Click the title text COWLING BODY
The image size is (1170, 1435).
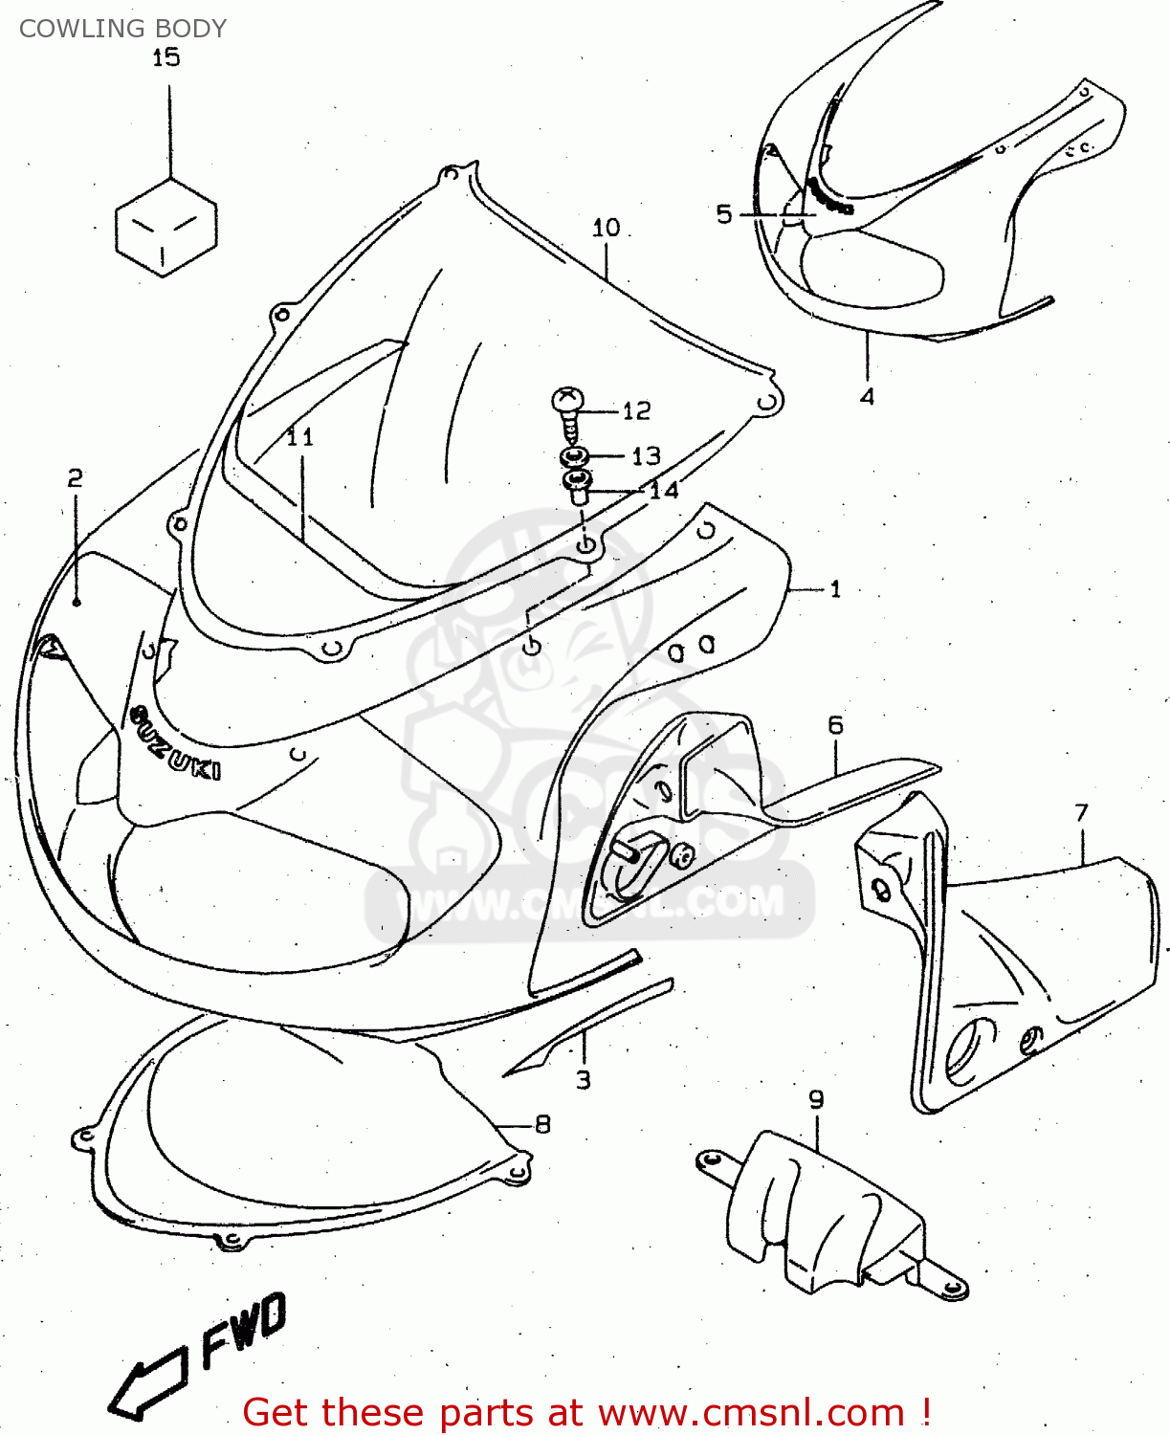pos(122,29)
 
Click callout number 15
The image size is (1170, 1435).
pos(166,57)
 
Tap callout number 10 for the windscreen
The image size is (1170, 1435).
pos(606,228)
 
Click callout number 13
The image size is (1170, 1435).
pos(646,455)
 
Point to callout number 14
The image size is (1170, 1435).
pos(663,491)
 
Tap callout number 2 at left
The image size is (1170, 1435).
pos(76,477)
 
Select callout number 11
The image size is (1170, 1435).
pos(299,436)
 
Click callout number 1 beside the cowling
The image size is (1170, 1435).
pos(835,588)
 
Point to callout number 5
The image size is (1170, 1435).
pos(724,214)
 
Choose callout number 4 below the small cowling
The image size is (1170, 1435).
pos(867,395)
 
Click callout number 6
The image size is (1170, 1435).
pos(835,725)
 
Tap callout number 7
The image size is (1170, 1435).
pos(1081,812)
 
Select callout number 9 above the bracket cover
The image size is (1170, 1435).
pos(816,1099)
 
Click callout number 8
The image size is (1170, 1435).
pos(542,1124)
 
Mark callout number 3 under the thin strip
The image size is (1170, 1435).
pos(583,1080)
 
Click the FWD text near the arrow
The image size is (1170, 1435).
pos(243,1329)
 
